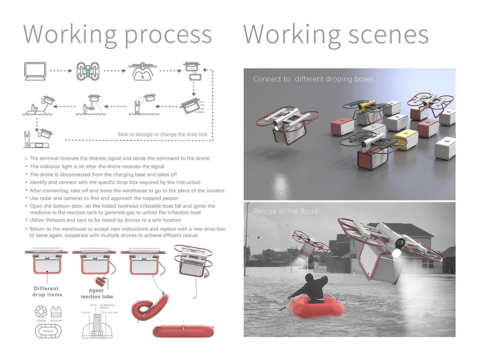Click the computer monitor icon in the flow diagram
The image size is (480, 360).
click(x=35, y=71)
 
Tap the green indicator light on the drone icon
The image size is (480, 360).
click(x=88, y=70)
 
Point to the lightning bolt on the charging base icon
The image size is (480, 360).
click(x=143, y=77)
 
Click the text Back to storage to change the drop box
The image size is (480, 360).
click(x=163, y=134)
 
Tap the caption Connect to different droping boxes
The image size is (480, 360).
click(x=313, y=79)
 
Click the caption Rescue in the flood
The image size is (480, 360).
click(x=285, y=211)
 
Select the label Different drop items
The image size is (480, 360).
click(x=47, y=291)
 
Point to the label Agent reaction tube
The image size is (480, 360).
click(x=97, y=293)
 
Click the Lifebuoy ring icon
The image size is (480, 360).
click(x=41, y=312)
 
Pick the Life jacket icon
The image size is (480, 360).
click(x=56, y=312)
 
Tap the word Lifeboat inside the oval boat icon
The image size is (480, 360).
click(x=48, y=331)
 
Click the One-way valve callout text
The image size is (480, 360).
click(x=110, y=312)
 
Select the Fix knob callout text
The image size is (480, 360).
click(x=86, y=312)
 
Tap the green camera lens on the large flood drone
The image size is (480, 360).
click(x=399, y=243)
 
